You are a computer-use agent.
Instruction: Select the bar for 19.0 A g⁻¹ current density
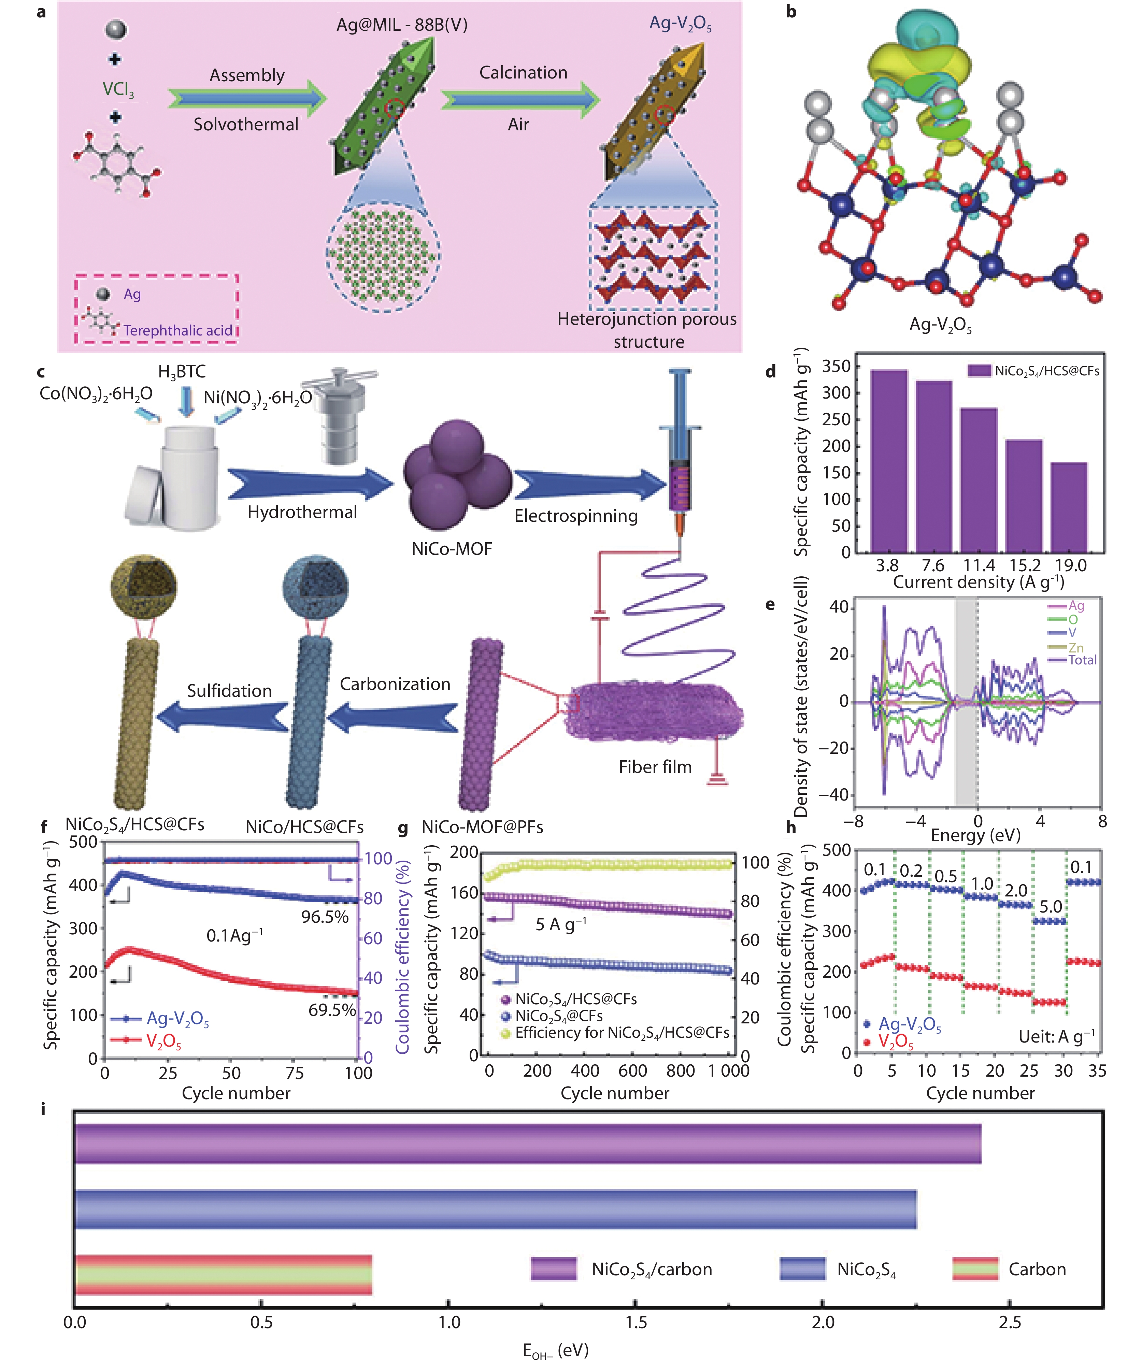pyautogui.click(x=1069, y=507)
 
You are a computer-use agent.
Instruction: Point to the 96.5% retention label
pyautogui.click(x=324, y=917)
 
